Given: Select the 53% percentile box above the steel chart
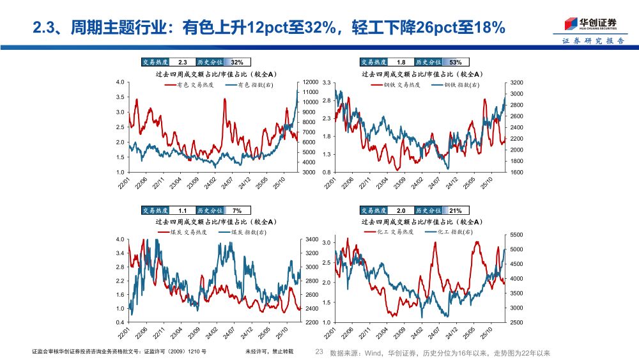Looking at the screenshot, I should (x=456, y=62).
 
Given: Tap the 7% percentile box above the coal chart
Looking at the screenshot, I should (x=237, y=210).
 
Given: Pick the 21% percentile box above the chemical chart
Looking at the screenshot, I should (x=456, y=210).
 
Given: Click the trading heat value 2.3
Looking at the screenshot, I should (x=182, y=62).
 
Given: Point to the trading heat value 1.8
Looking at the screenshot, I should (x=401, y=62).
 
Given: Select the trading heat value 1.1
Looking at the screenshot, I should (x=182, y=210).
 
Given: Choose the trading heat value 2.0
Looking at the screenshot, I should (x=401, y=210).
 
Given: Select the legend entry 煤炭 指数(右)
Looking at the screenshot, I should (x=248, y=232).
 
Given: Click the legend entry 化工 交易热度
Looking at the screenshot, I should (x=398, y=232).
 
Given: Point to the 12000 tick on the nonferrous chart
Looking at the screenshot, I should (x=310, y=82).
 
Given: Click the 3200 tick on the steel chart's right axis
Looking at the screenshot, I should (x=516, y=82).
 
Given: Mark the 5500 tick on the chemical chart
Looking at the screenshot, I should (x=516, y=235).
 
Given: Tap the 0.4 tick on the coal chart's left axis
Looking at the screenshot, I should (x=119, y=322).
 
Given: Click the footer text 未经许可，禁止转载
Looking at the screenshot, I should (x=269, y=352).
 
